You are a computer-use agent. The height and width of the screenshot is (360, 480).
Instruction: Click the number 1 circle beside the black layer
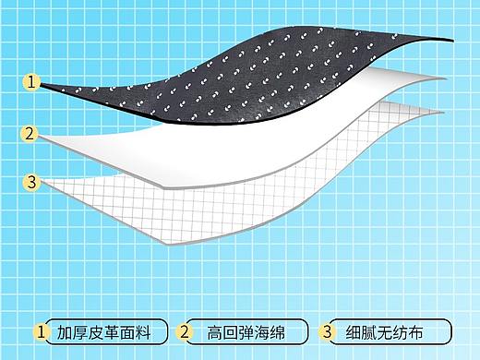tap(32, 82)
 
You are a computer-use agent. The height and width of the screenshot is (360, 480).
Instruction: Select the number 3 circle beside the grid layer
tap(32, 182)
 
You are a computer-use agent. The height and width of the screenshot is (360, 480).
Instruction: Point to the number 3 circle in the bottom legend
tap(327, 330)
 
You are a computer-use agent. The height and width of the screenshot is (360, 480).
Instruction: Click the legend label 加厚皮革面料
tap(107, 331)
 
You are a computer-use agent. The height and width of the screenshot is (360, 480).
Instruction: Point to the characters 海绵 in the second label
tap(268, 331)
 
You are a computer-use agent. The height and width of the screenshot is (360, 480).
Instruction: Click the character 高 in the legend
tap(213, 331)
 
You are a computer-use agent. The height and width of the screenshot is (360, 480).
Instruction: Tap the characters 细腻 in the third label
tap(361, 331)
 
